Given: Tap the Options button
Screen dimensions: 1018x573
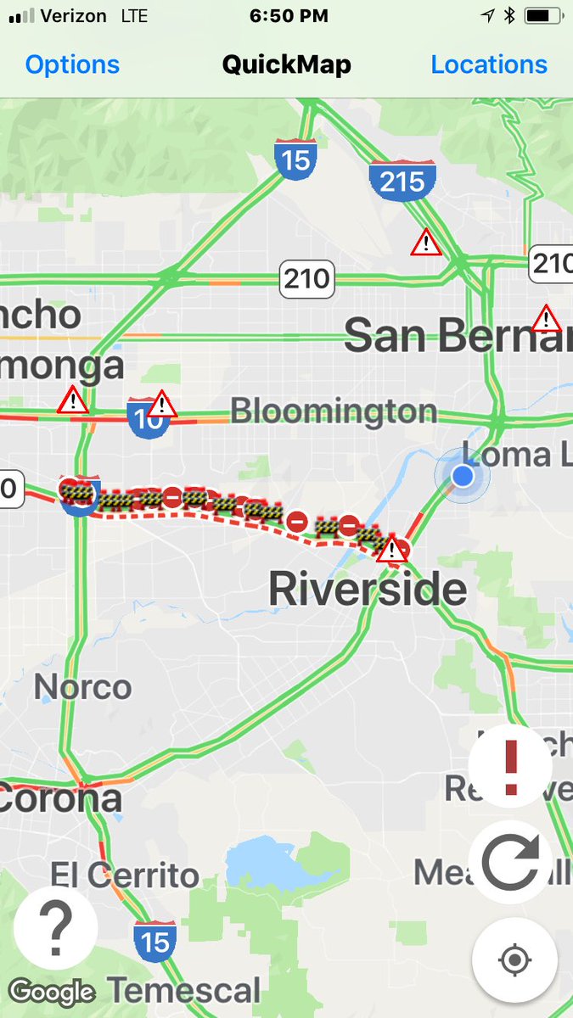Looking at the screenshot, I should [x=72, y=64].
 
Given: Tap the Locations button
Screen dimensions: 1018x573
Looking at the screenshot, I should [x=489, y=64].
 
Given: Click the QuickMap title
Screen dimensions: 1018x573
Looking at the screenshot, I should [x=286, y=64].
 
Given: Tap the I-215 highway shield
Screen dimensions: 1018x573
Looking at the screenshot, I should [x=402, y=181].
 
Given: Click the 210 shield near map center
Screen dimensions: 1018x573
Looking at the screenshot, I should [x=306, y=278].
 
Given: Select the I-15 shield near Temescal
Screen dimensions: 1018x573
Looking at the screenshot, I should [x=154, y=941].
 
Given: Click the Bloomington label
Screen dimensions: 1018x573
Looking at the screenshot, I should [x=334, y=411].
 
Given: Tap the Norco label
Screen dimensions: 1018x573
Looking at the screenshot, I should [x=82, y=686].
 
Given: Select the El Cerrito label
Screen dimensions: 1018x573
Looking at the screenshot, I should [x=125, y=875].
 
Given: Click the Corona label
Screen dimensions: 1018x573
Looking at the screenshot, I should [x=61, y=798].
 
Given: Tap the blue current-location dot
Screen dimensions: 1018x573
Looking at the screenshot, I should [x=462, y=475].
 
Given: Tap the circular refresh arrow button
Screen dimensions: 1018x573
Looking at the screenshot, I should [x=510, y=861].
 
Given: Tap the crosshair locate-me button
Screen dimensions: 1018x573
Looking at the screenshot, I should [x=514, y=960].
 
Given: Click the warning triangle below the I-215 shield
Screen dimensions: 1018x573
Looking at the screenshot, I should [x=425, y=243].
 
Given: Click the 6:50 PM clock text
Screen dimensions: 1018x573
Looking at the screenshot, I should [x=289, y=15].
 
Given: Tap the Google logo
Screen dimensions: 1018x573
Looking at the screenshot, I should [x=52, y=992].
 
